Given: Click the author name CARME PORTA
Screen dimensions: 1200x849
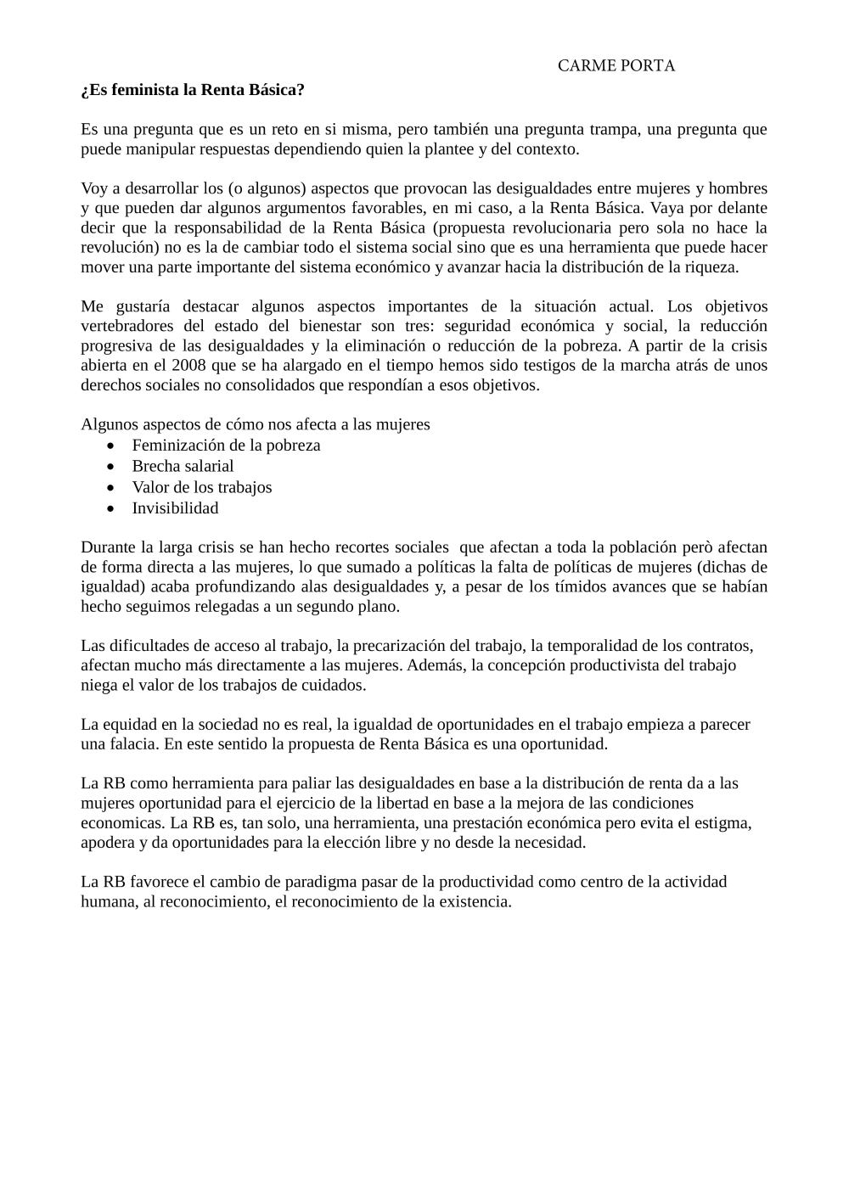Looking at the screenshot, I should point(616,66).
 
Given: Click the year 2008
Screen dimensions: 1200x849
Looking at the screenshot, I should point(188,365).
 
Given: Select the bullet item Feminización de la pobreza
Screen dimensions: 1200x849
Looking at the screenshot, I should point(226,445).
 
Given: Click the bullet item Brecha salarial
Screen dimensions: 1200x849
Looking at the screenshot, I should point(183,466).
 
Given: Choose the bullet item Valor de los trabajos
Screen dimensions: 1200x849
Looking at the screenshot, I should point(201,487).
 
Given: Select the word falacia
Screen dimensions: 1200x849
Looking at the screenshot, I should point(129,744).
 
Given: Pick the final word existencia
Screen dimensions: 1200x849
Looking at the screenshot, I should point(475,901).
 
